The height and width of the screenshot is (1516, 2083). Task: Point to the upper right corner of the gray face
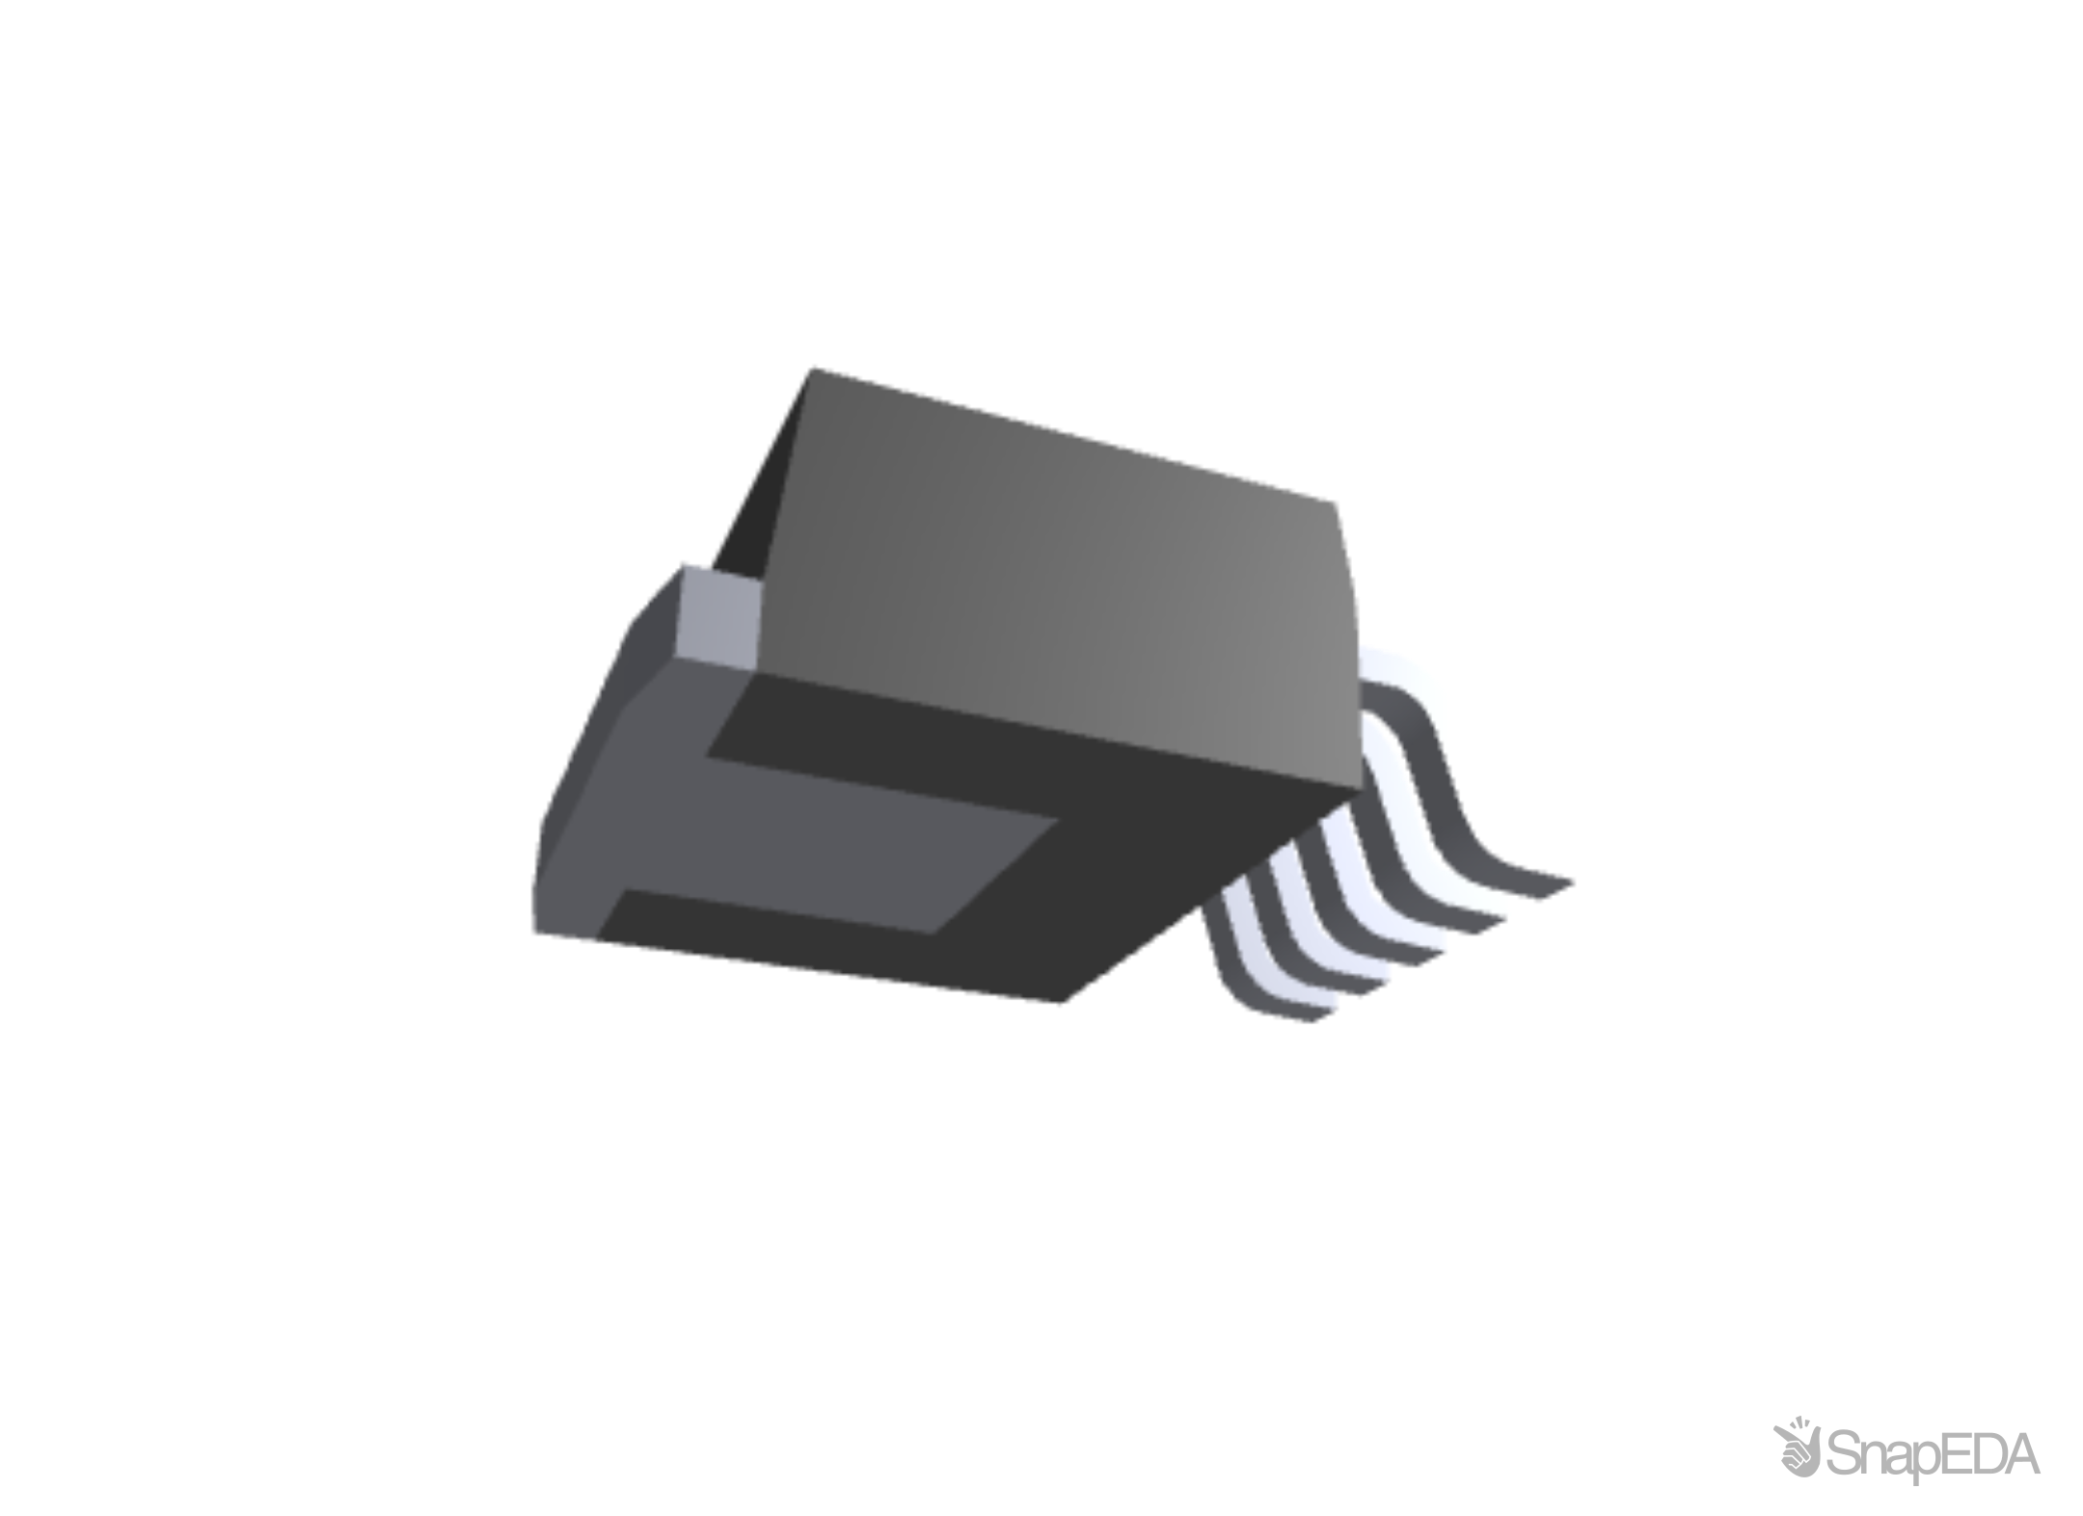point(1339,501)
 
